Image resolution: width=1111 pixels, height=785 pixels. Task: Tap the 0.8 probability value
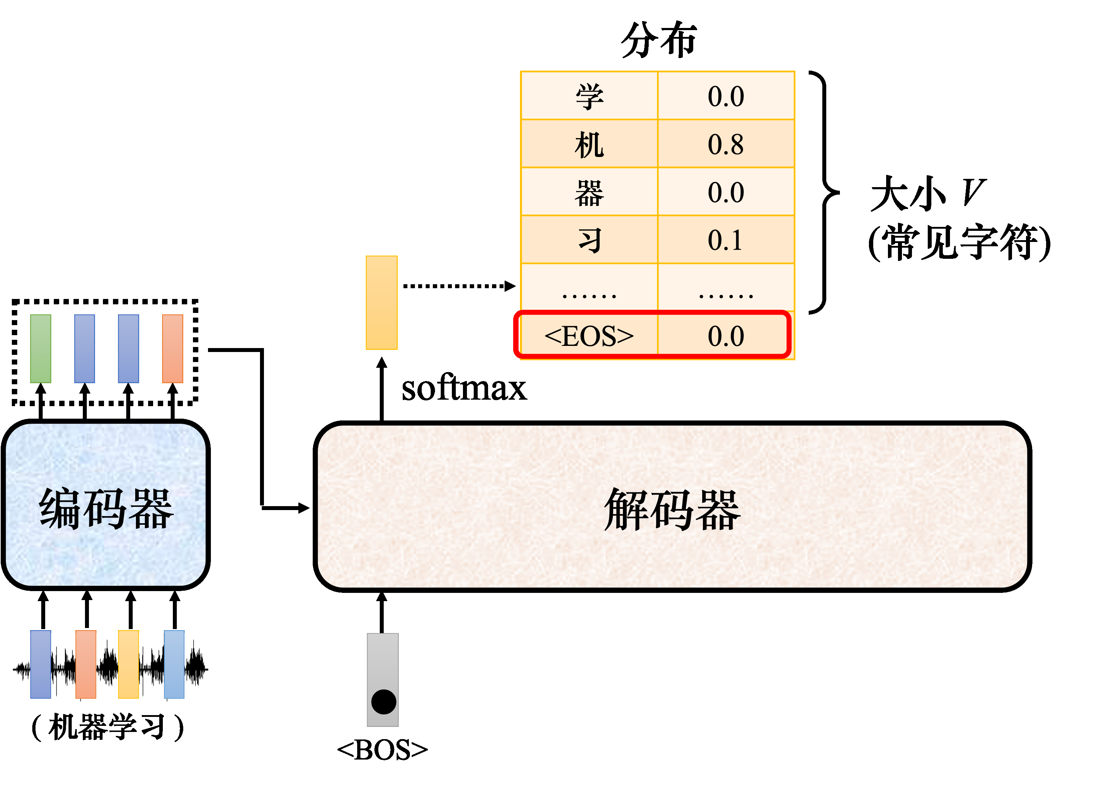point(725,144)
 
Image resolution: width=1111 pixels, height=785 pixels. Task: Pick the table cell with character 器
point(589,192)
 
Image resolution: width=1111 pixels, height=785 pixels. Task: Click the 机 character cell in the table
point(589,144)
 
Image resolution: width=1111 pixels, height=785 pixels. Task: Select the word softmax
point(464,389)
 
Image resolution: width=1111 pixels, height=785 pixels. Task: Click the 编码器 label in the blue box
point(107,509)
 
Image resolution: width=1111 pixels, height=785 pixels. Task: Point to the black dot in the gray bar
point(384,702)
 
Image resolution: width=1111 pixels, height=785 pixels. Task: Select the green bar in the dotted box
point(41,349)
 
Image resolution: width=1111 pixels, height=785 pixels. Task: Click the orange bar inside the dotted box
point(173,349)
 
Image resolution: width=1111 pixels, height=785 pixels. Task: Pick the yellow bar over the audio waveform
point(129,664)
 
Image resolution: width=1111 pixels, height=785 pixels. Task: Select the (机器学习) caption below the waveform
point(108,727)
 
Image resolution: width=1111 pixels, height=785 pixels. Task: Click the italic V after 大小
point(973,193)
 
